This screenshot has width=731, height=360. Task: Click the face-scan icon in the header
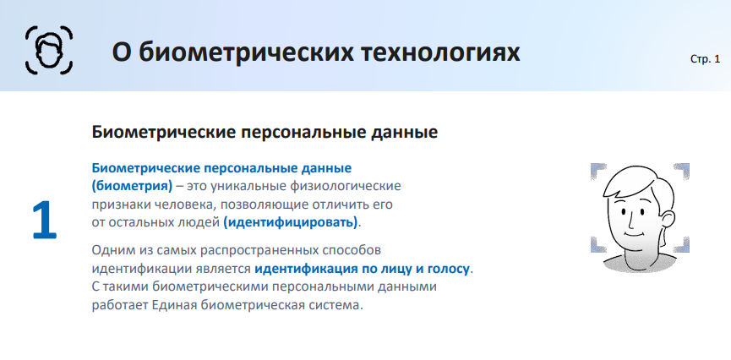[49, 50]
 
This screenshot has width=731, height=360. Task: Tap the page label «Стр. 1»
[705, 59]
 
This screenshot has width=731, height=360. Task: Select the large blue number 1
[44, 221]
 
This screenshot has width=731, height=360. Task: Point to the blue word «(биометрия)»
[132, 186]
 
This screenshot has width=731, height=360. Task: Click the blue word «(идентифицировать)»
[291, 222]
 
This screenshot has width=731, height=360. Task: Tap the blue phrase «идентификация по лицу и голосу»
[362, 269]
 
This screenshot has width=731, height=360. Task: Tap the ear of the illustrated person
[668, 221]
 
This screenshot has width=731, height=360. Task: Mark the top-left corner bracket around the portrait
[598, 172]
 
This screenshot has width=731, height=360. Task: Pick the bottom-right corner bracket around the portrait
[682, 245]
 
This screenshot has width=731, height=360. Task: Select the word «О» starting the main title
[120, 52]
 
